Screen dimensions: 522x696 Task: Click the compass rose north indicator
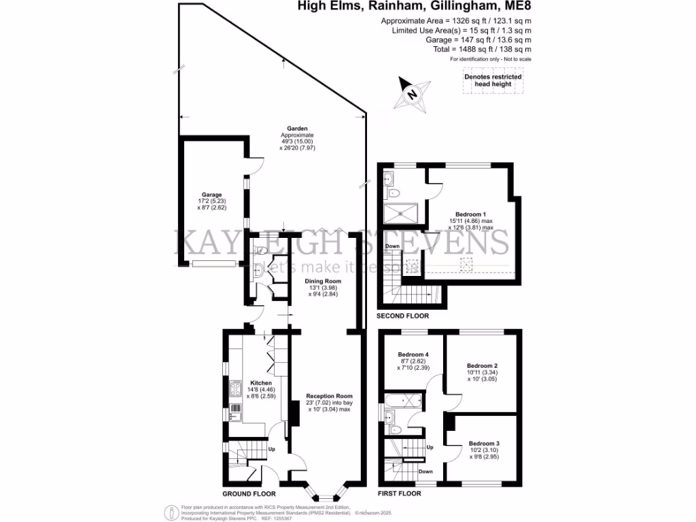[x=412, y=95]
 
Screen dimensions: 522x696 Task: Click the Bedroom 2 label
[x=483, y=365]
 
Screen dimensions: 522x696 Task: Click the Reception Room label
[x=329, y=396]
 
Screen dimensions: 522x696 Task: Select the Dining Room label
[x=323, y=281]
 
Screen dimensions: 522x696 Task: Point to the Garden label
[x=298, y=128]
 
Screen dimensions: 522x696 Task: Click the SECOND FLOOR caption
[x=402, y=316]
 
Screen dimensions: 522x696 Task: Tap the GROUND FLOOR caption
[x=249, y=493]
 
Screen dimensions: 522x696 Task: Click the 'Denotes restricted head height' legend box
[x=493, y=80]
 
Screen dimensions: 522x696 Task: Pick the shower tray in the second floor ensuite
[x=398, y=214]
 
